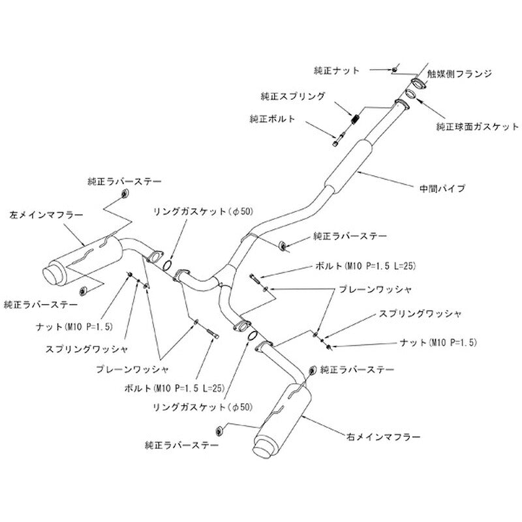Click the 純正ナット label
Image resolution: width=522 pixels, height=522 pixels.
coord(337,70)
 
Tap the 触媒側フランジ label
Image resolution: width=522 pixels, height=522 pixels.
coord(459,74)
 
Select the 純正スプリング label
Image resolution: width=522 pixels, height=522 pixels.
coord(292,96)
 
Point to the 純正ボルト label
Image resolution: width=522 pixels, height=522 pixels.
coord(272,119)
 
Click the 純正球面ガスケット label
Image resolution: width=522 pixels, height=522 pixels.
coord(478,127)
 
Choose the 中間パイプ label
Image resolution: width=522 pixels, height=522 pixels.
coord(442,189)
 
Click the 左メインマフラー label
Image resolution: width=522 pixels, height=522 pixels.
coord(46,215)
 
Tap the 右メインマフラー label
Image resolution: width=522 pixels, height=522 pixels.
coord(384,437)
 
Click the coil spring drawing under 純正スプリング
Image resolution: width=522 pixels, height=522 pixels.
coord(356,119)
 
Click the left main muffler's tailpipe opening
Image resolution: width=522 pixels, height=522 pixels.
coord(51,276)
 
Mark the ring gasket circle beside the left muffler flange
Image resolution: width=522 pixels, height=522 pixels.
coord(168,266)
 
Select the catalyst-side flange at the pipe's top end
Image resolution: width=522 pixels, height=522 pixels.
coord(418,84)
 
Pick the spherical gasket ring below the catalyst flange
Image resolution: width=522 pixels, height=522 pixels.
coord(411,93)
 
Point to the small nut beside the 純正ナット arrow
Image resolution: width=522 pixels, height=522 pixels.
coord(394,70)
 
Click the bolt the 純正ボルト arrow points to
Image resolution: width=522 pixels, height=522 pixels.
coord(339,139)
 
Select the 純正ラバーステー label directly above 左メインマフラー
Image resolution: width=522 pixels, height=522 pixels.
coord(125,181)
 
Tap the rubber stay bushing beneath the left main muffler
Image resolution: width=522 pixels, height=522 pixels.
coord(84,290)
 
